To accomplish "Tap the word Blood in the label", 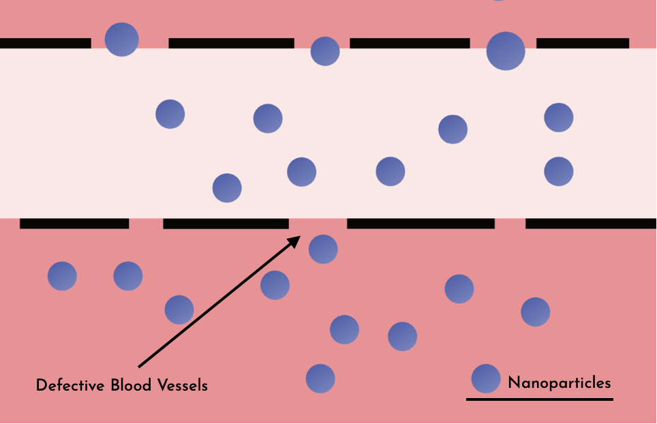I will [x=130, y=385].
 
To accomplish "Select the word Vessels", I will [x=182, y=385].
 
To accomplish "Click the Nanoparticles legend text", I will [x=559, y=382].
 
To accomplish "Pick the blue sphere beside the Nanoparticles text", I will [x=486, y=378].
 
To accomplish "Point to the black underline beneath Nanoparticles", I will [x=539, y=399].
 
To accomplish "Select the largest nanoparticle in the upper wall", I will [x=506, y=50].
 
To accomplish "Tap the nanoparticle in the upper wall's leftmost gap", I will [x=122, y=39].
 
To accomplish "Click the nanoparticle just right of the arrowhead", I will [x=323, y=249].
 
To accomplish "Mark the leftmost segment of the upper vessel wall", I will [x=45, y=43].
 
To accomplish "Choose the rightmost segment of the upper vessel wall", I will [x=583, y=43].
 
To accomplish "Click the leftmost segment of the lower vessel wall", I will [x=74, y=224].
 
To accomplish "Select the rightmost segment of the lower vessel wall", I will [x=591, y=223].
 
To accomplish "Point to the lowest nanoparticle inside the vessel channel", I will [x=227, y=188].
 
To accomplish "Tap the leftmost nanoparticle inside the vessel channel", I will [x=170, y=114].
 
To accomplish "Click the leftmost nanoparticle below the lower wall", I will [x=62, y=276].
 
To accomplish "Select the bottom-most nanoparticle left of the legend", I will [x=320, y=378].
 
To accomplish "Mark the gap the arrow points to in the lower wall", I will [x=318, y=224].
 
